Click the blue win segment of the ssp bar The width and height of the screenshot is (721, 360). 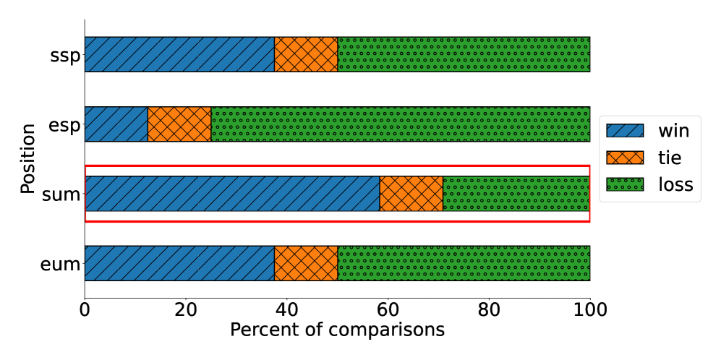179,54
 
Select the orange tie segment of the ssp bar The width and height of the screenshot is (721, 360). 306,54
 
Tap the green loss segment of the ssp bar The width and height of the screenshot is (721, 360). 464,54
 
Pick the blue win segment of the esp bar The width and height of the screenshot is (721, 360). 116,124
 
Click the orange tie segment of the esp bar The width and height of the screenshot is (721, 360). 179,124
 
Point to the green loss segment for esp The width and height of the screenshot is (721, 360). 400,124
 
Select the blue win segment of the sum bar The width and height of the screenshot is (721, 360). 232,194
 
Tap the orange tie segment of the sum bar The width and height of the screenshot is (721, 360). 411,194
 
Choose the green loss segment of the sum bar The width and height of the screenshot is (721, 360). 516,194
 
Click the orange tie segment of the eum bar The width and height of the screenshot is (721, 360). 306,263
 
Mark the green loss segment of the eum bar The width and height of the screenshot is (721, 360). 464,263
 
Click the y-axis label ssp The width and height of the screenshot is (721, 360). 64,55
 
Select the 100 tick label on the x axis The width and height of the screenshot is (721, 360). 589,309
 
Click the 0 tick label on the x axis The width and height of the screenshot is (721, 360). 85,309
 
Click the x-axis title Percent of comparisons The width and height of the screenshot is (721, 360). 337,330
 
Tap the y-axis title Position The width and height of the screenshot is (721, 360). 27,159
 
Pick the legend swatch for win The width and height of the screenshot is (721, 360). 624,131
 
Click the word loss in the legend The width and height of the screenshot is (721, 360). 675,184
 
